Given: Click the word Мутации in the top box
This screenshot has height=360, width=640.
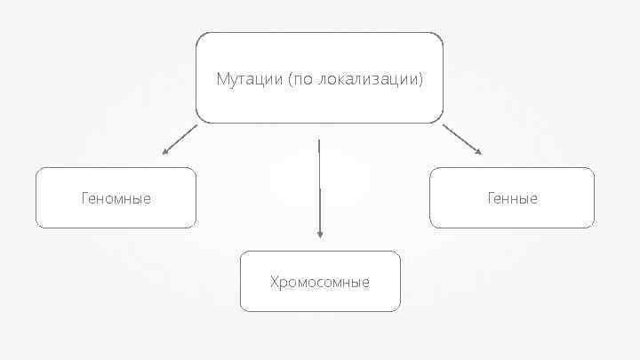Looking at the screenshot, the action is point(250,80).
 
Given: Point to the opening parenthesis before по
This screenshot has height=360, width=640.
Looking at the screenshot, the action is point(290,80).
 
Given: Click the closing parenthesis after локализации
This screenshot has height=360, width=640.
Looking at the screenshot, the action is point(421,80).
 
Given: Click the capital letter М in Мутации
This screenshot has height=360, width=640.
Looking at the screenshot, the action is point(222,80).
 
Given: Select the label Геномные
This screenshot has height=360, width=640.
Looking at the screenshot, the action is point(116,198).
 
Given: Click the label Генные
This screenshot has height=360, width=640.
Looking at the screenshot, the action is point(512,198).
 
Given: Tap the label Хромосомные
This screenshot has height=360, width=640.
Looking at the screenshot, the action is point(320,283).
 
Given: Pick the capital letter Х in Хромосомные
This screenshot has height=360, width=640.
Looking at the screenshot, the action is point(275,283).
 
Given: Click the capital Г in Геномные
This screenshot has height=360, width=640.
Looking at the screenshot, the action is point(84,198).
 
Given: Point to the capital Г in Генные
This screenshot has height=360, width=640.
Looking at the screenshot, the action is point(490,198).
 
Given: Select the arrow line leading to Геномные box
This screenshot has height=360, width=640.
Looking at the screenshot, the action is point(181,139).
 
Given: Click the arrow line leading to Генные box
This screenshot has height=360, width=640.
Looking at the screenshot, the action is point(460,138).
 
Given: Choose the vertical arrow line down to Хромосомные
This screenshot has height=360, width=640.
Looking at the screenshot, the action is point(319,187).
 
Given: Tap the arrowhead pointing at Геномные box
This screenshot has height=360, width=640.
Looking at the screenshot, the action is point(164,152).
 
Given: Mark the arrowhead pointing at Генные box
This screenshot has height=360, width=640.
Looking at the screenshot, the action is point(478,152).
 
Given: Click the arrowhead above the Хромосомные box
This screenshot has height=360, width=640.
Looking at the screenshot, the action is point(320,235).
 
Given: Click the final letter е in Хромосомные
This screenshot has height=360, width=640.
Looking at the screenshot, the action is point(365,283).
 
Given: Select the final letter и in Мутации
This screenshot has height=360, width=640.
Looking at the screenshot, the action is point(277,80).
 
